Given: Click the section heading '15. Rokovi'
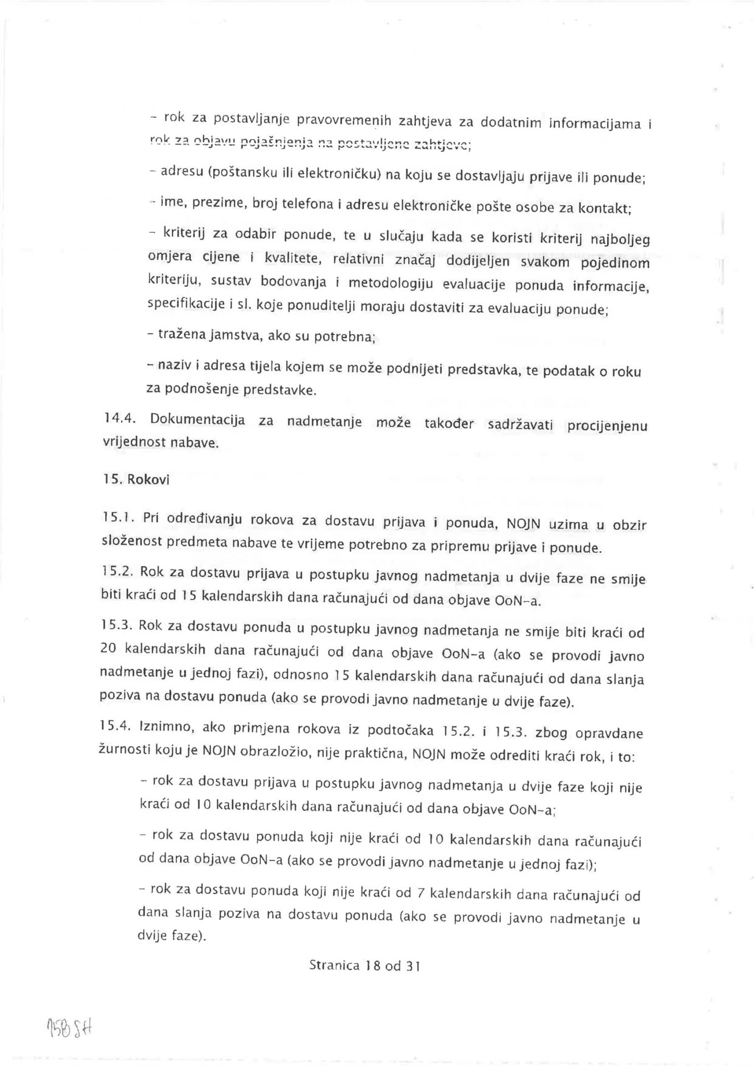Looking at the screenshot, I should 136,479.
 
